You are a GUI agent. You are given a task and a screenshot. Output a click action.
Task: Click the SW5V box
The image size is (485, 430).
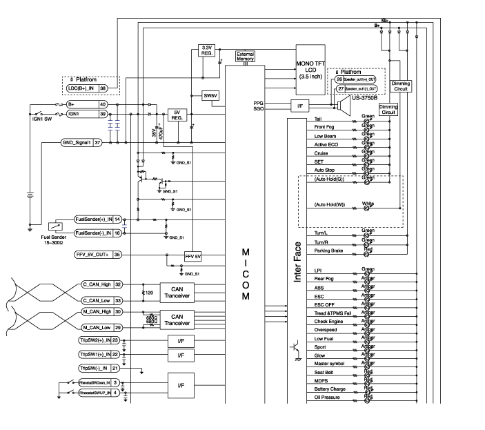click(x=210, y=96)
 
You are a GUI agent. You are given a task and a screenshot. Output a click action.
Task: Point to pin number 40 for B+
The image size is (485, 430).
click(x=103, y=104)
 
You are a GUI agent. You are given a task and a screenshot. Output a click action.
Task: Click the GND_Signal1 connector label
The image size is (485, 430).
click(x=77, y=142)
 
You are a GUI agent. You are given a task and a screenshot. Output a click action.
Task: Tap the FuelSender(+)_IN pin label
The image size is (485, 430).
click(x=93, y=219)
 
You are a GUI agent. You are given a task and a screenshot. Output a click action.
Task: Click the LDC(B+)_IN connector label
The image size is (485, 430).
click(x=81, y=88)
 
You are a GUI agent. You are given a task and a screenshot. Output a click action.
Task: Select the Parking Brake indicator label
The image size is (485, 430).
click(x=329, y=251)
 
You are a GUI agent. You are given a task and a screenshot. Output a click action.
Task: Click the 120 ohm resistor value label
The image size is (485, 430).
click(x=148, y=292)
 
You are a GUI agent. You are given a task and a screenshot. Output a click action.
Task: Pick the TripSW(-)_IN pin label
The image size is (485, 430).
click(x=95, y=369)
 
